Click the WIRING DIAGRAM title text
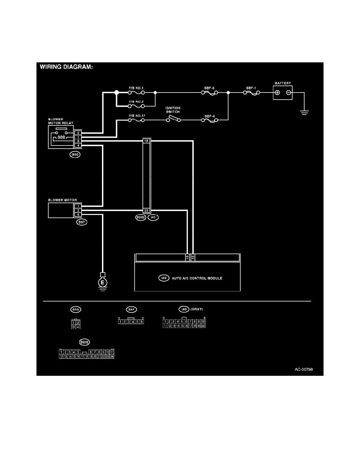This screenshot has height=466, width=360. pyautogui.click(x=66, y=67)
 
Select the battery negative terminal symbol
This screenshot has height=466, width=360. pyautogui.click(x=288, y=93)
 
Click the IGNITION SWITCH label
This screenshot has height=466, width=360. pyautogui.click(x=173, y=110)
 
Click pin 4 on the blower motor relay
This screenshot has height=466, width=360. pyautogui.click(x=78, y=146)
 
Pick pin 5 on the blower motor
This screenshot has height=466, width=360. pyautogui.click(x=78, y=215)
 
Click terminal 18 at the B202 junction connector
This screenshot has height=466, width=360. pyautogui.click(x=146, y=140)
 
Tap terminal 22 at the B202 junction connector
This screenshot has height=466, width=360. pyautogui.click(x=146, y=210)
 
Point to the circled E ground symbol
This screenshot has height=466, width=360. pyautogui.click(x=102, y=282)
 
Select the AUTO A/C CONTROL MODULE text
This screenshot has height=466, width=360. pyautogui.click(x=197, y=278)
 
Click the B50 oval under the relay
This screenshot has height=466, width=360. pyautogui.click(x=75, y=155)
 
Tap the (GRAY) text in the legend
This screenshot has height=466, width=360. pyautogui.click(x=196, y=309)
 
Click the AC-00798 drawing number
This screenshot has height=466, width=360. pyautogui.click(x=304, y=370)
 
